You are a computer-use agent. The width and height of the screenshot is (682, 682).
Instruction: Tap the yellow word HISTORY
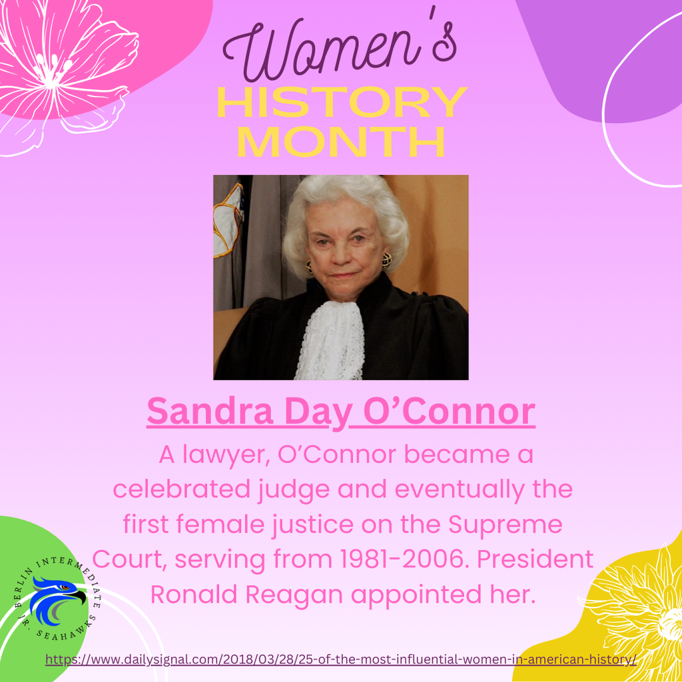pos(341,103)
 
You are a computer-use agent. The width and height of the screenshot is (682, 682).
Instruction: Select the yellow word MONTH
pos(341,141)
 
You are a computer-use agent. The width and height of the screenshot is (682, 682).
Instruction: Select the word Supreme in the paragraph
pos(506,524)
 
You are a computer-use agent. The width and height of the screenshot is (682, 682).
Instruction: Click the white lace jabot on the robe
pos(330,340)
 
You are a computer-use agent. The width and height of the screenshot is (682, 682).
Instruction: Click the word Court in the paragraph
pos(131,559)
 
